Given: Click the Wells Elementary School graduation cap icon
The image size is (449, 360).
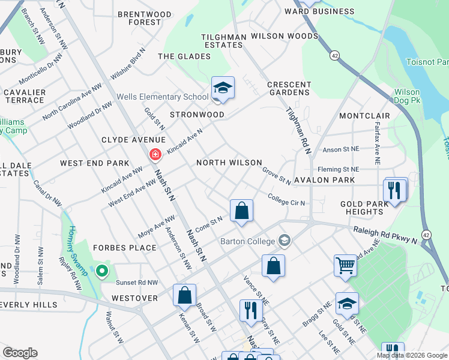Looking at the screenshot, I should [223, 88].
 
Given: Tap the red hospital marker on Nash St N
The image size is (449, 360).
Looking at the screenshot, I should [155, 155].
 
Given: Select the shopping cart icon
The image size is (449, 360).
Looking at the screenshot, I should [345, 264].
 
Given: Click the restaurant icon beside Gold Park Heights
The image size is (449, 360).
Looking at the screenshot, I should [394, 190].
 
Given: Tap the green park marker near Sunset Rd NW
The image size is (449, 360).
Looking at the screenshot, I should [102, 272].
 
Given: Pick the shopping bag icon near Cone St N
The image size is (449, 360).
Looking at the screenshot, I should [241, 211].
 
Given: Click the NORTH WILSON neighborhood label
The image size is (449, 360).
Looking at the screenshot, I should [229, 163].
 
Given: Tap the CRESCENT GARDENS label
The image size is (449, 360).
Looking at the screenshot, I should [289, 89].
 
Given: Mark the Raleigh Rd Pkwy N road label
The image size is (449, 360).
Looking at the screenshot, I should [384, 232].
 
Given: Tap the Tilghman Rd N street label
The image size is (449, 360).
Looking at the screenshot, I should [298, 129].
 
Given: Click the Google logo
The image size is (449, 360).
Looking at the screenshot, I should [20, 353].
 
